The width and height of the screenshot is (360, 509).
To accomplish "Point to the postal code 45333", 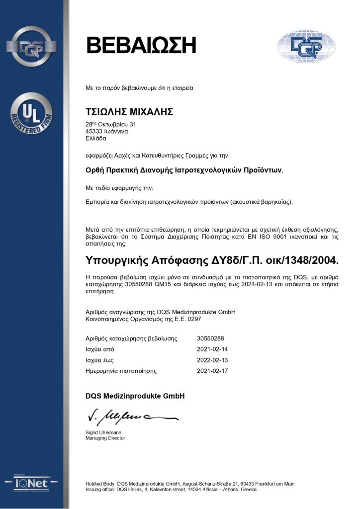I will click(94, 131).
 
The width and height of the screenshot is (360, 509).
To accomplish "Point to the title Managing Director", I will click(105, 438).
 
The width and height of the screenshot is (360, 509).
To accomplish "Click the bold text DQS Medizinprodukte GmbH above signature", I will click(135, 396).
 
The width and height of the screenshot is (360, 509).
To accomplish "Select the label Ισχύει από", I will click(100, 349).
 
